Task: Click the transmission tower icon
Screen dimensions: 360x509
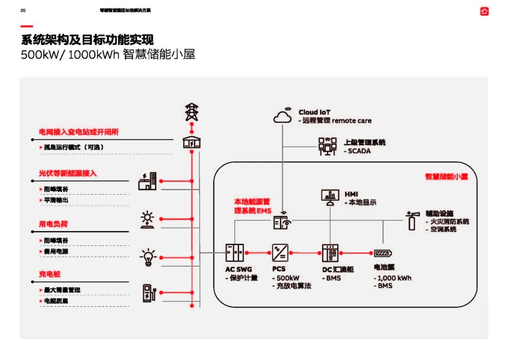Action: (x=191, y=112)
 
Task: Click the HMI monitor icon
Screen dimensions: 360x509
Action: (x=330, y=197)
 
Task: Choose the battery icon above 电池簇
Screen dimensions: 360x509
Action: (x=383, y=253)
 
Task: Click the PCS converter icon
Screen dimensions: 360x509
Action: (x=279, y=253)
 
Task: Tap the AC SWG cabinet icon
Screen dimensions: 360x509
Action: (x=235, y=253)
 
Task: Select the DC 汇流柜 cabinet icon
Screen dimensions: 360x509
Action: (x=330, y=253)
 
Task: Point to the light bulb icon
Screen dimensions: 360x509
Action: (x=148, y=257)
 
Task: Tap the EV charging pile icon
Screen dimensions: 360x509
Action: (x=148, y=293)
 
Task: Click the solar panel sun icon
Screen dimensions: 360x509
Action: (x=148, y=220)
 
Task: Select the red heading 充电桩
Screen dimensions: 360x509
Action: (x=50, y=274)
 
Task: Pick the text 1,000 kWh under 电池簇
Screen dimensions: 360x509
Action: (x=395, y=278)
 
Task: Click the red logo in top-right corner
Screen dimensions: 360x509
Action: (x=484, y=11)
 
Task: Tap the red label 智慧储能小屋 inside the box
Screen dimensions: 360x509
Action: (x=446, y=177)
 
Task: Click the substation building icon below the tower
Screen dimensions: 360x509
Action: (x=191, y=142)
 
